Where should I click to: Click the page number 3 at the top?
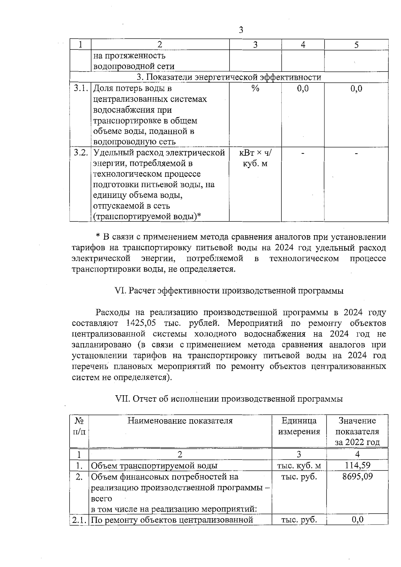241,30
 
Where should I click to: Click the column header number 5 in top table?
356,45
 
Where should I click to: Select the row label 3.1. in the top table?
81,89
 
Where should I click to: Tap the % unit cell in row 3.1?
255,89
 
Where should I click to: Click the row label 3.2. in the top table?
81,153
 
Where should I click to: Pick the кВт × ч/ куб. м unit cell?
255,158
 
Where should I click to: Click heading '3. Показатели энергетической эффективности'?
229,77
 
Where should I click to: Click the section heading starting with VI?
229,291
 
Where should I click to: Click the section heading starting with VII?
229,399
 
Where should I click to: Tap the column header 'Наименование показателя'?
180,421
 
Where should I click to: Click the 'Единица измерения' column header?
299,426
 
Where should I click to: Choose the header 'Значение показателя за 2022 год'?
357,431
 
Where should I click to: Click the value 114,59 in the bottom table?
357,465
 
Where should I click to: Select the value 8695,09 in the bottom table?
357,476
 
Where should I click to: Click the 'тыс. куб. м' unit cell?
299,465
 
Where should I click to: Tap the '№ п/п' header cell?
79,426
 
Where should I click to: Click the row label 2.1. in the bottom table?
79,520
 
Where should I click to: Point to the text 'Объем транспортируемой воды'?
154,465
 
